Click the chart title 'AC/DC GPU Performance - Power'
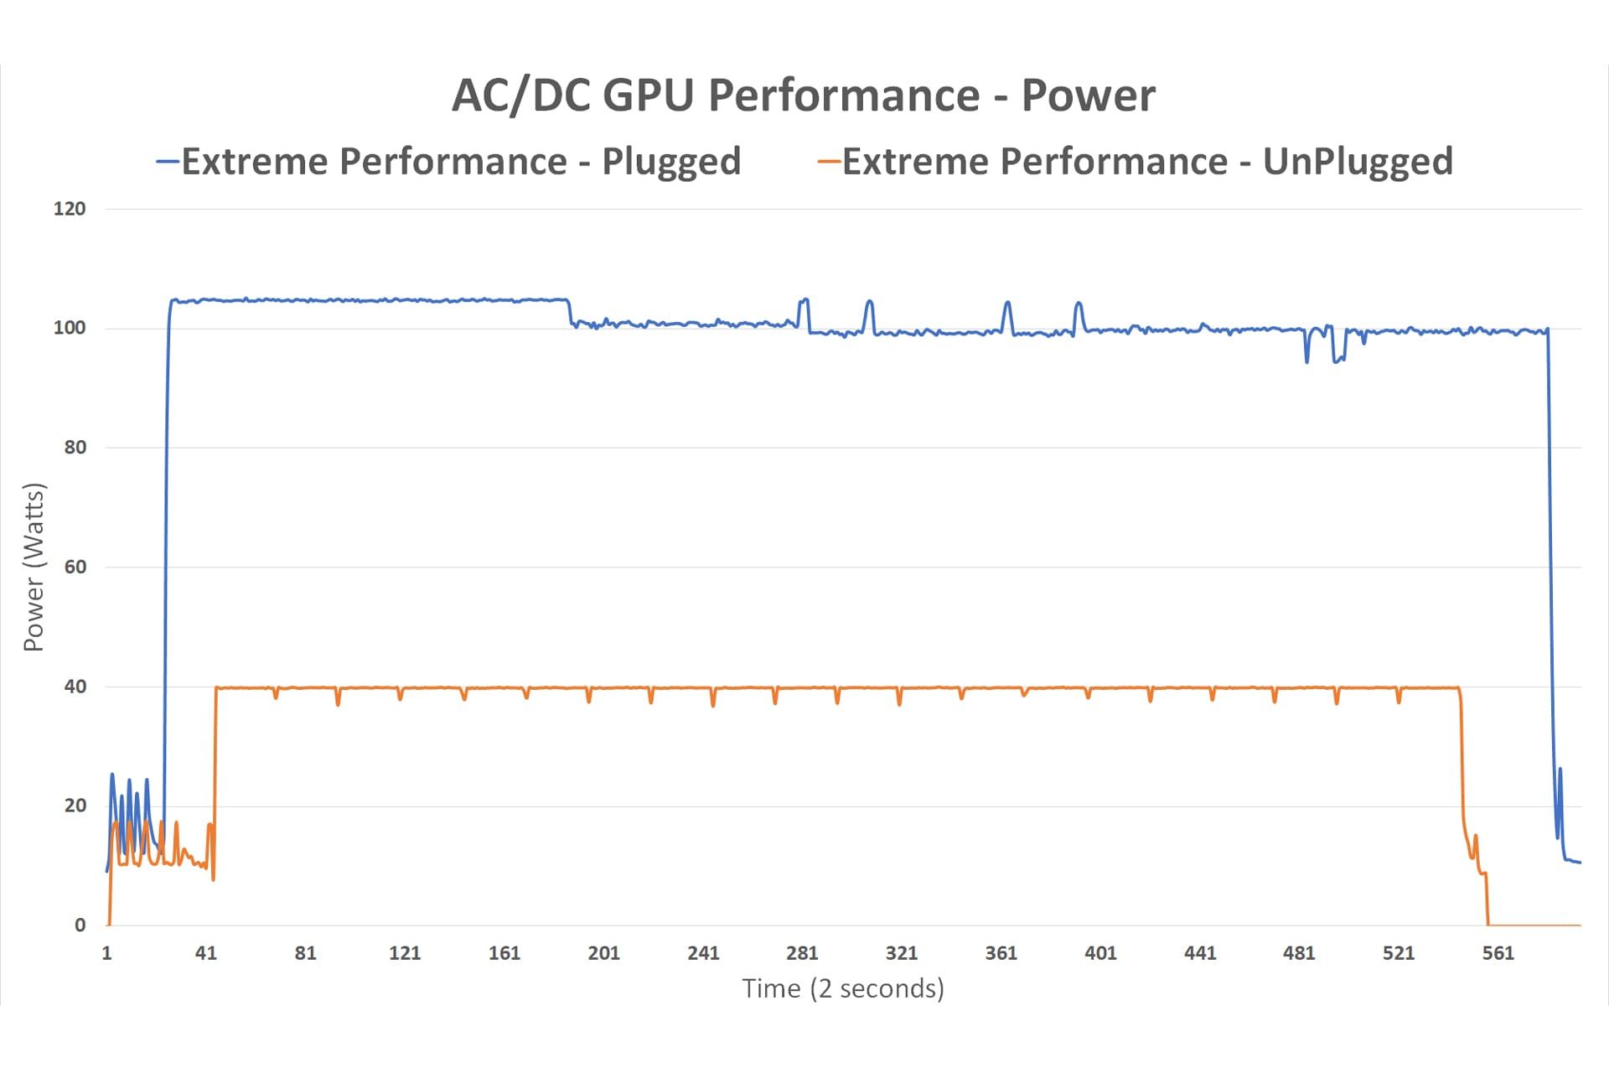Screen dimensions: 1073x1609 click(x=804, y=95)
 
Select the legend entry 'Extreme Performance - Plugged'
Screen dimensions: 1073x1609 click(x=461, y=161)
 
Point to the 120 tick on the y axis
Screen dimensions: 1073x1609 click(x=70, y=209)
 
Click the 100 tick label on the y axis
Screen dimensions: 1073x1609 click(x=70, y=328)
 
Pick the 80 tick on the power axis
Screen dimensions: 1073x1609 click(x=75, y=448)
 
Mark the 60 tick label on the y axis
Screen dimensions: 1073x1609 click(x=75, y=567)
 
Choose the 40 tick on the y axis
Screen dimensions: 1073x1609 click(x=75, y=687)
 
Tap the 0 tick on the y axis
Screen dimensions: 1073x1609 click(x=80, y=925)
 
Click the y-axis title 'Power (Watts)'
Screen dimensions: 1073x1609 click(x=34, y=567)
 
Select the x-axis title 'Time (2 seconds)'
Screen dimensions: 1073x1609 click(x=843, y=989)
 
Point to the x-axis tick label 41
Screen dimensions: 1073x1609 click(x=206, y=953)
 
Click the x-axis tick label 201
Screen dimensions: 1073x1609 click(x=603, y=953)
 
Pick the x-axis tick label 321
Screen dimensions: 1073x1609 click(x=902, y=953)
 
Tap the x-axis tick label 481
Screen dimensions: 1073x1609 click(x=1299, y=953)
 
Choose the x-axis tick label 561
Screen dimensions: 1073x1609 click(x=1498, y=953)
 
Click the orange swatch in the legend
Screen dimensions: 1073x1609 click(x=829, y=161)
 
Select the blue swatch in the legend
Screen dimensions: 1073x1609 click(x=168, y=161)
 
